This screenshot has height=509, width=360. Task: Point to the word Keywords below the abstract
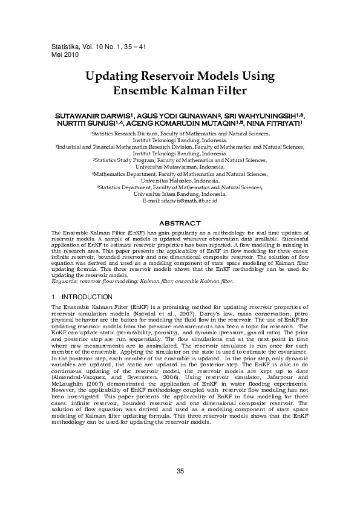point(65,281)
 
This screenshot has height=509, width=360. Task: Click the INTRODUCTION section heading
point(82,297)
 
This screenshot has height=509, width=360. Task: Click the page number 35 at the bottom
point(180,472)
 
